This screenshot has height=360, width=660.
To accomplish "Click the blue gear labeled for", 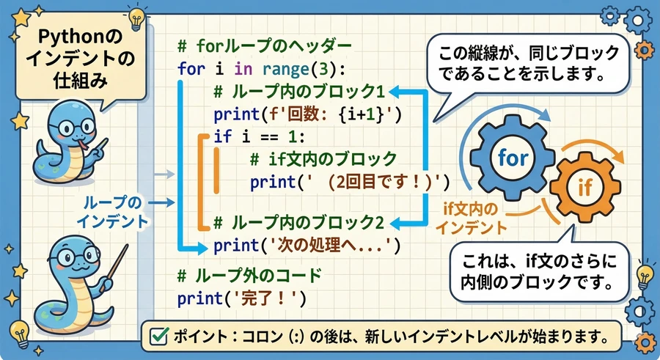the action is point(513,158).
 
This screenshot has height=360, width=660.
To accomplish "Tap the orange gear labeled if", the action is point(585,188).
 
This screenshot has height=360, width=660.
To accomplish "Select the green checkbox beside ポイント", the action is point(159,336).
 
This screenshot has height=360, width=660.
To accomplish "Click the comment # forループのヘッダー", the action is point(264,46).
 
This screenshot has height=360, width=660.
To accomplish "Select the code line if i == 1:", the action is point(259,136).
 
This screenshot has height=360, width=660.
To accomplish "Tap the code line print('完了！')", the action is point(241,298).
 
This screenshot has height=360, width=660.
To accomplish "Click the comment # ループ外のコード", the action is point(249,276).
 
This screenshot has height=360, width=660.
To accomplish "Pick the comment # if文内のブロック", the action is point(323,159).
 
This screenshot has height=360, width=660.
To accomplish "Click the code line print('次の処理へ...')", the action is point(307,246).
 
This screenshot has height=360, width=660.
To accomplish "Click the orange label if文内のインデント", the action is point(471,218).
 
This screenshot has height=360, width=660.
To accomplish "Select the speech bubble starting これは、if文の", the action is point(539,271).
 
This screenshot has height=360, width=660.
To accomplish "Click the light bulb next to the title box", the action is point(136,18).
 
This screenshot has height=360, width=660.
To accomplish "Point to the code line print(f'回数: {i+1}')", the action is point(308,114).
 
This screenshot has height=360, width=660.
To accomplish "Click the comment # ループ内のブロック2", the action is point(299,223).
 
